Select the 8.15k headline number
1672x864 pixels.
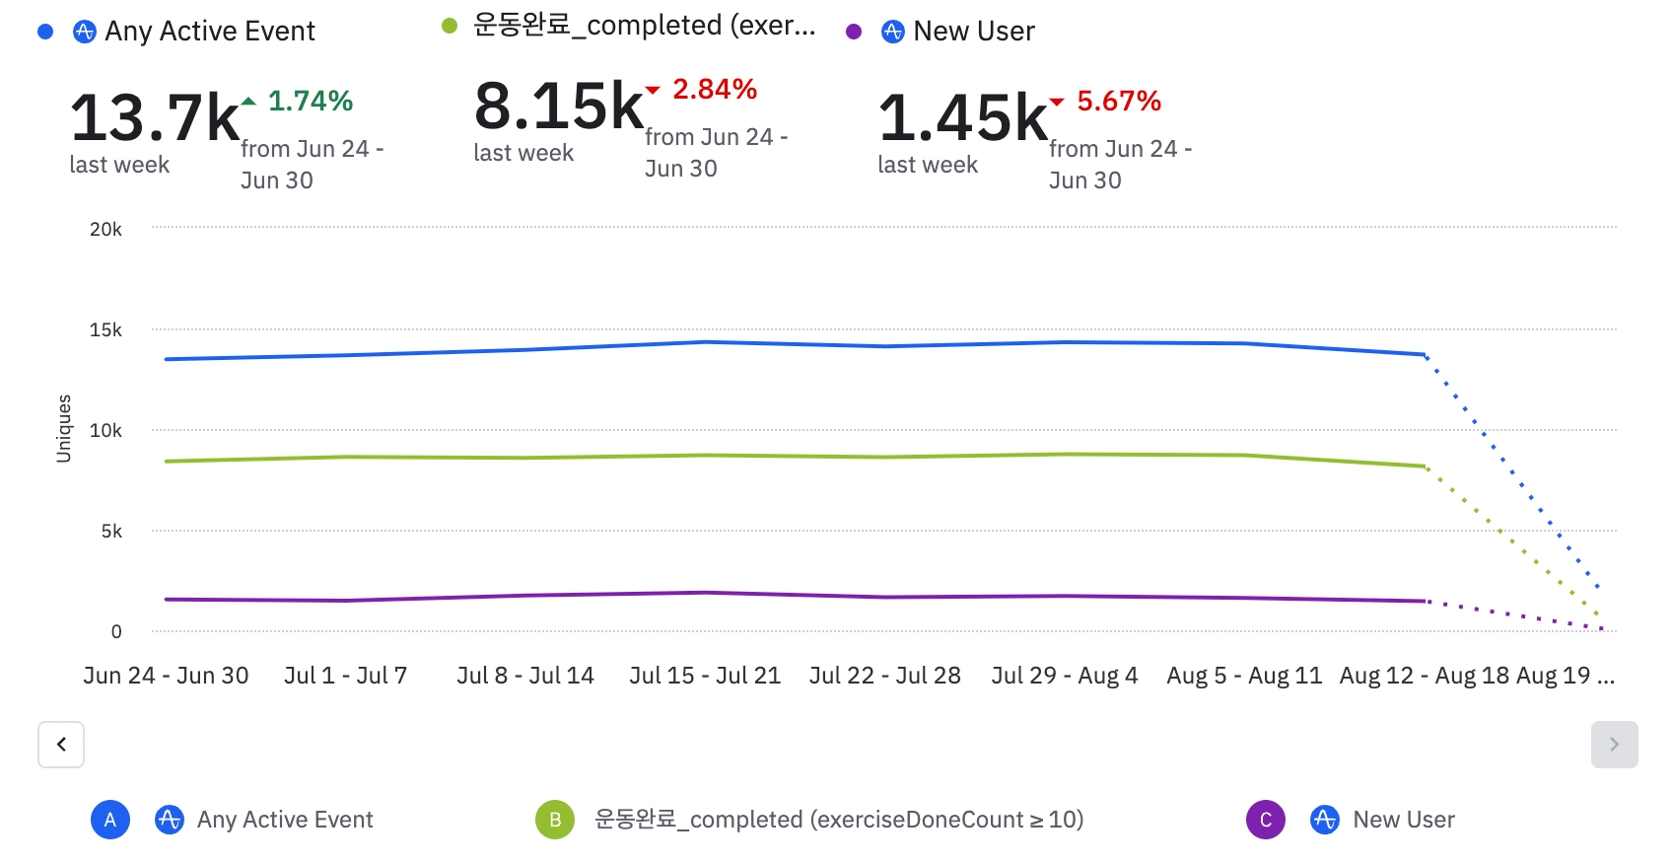[559, 107]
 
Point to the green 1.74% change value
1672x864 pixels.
[310, 101]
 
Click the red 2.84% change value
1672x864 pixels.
[714, 89]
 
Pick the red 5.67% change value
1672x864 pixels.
[1118, 101]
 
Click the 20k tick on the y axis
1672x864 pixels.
[105, 230]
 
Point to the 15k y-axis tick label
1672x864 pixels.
[105, 330]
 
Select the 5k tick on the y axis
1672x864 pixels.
[111, 532]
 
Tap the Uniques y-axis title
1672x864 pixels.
[64, 429]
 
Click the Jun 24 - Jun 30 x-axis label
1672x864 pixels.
[166, 676]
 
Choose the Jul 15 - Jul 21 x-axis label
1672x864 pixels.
[705, 676]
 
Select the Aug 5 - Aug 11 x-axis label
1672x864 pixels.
[1244, 676]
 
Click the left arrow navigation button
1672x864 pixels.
[61, 745]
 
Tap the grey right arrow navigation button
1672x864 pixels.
[1614, 745]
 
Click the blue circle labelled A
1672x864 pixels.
[110, 820]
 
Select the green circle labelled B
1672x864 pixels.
[555, 820]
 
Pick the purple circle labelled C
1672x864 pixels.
[1266, 820]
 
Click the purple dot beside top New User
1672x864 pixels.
[854, 33]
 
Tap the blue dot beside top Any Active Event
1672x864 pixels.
[45, 33]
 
